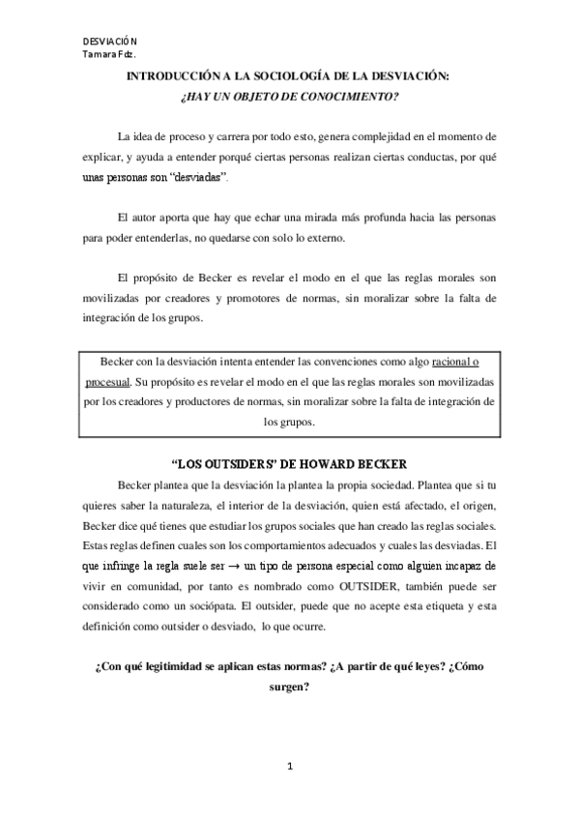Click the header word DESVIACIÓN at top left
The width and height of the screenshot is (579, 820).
(x=110, y=42)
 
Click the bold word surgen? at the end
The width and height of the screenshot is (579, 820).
(x=289, y=688)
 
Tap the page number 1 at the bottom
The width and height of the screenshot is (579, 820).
(x=289, y=768)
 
